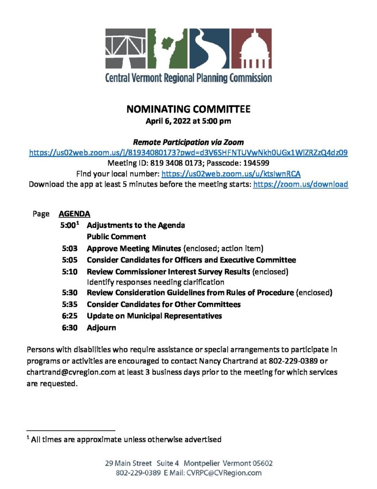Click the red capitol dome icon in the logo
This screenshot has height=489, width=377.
(x=255, y=49)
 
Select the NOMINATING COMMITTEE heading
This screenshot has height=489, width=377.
(x=188, y=110)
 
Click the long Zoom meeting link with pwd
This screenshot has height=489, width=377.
(x=188, y=153)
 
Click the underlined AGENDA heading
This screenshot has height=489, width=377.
(x=74, y=214)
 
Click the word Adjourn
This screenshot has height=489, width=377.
(x=101, y=328)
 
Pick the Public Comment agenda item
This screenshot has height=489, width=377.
(x=116, y=237)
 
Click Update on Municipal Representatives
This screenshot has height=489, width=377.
(x=154, y=316)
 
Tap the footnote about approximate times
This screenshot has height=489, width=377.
(x=124, y=439)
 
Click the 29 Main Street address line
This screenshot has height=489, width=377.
(x=189, y=463)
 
